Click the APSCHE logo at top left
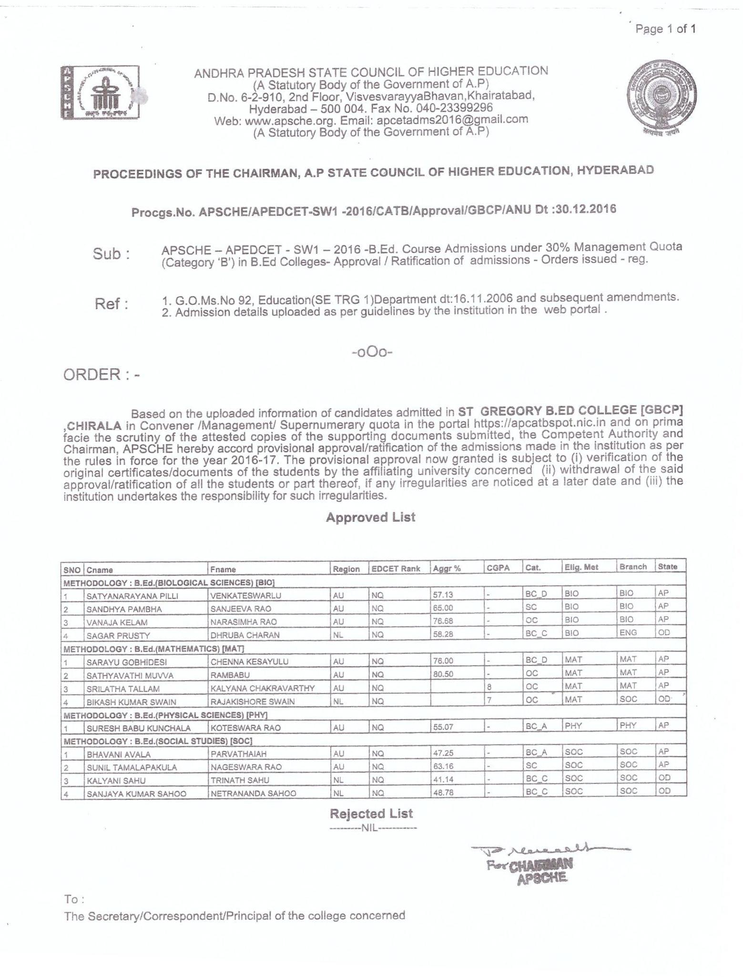pyautogui.click(x=100, y=92)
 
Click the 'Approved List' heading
pyautogui.click(x=370, y=517)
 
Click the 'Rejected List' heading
pyautogui.click(x=371, y=814)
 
